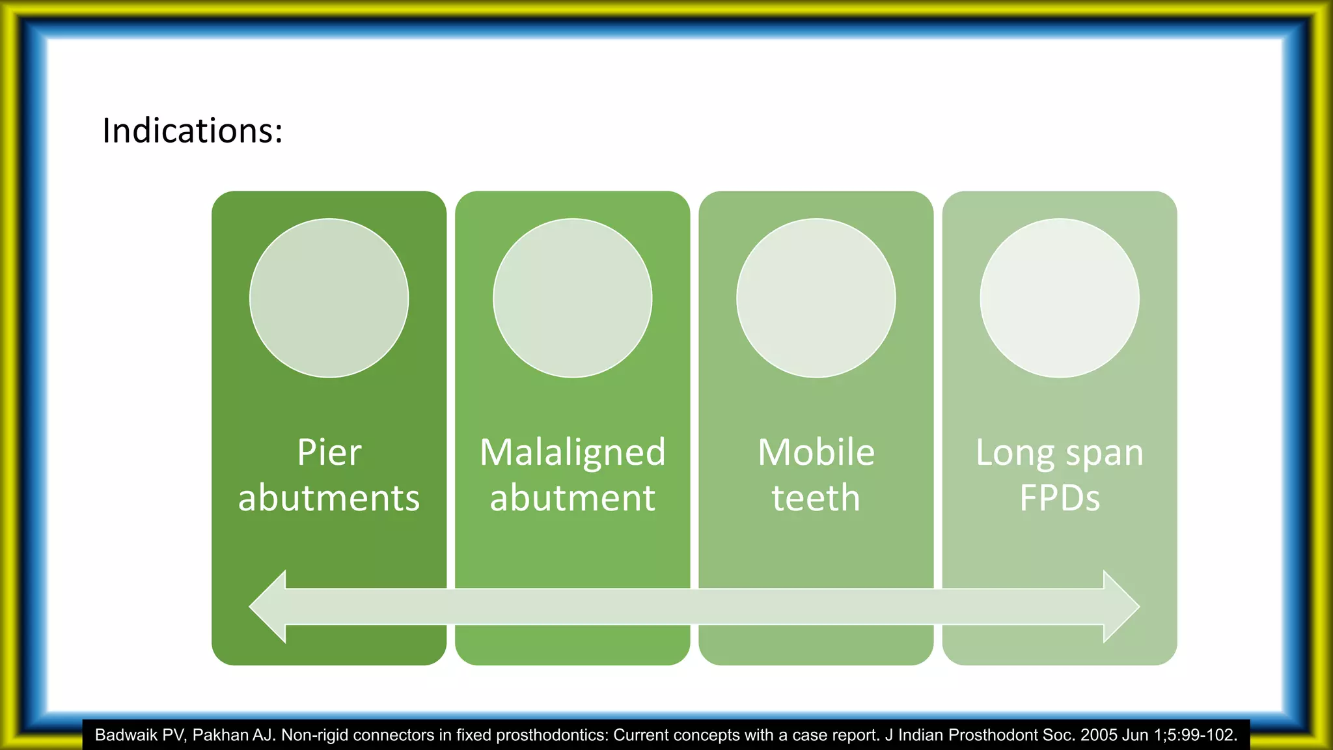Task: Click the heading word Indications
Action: (x=192, y=130)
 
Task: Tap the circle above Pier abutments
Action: (x=329, y=298)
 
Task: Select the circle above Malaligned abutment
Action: (x=573, y=298)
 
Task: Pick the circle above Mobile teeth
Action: (x=816, y=298)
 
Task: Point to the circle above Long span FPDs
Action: (x=1060, y=298)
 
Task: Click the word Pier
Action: (x=329, y=452)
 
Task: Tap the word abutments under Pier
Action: (x=329, y=498)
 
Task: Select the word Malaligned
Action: (x=573, y=452)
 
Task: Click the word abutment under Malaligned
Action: (x=573, y=498)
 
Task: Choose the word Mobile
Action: (x=816, y=452)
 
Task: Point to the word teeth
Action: (x=816, y=498)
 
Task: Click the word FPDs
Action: (x=1060, y=498)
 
